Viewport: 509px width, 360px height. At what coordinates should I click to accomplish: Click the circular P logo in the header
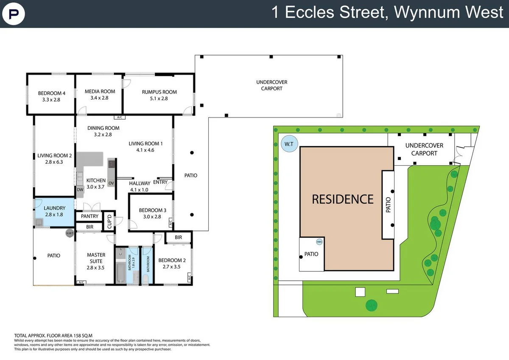click(x=14, y=14)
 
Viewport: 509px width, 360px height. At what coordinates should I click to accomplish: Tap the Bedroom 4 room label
click(x=52, y=96)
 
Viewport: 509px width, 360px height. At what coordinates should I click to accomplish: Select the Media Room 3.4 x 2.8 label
click(x=100, y=95)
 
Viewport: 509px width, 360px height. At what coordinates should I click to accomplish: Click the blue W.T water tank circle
click(x=289, y=144)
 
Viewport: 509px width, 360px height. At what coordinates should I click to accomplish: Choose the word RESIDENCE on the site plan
click(x=342, y=199)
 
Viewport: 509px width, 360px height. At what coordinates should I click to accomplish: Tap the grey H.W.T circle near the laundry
click(x=70, y=233)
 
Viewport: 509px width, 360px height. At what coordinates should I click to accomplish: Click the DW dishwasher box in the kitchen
click(x=80, y=190)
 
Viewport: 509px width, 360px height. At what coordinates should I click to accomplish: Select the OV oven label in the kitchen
click(x=111, y=183)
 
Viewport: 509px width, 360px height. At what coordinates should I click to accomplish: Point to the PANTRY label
click(x=89, y=216)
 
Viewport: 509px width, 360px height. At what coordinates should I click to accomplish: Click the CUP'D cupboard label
click(x=109, y=221)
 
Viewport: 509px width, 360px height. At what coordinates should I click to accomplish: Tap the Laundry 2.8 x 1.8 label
click(x=54, y=211)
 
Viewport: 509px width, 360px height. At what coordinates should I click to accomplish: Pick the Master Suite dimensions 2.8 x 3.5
click(x=95, y=268)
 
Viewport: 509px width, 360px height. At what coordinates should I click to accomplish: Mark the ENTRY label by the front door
click(x=160, y=182)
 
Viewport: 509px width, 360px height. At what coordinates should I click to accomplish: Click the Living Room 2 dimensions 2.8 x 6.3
click(x=54, y=162)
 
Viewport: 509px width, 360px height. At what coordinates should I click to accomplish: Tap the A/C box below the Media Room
click(x=120, y=117)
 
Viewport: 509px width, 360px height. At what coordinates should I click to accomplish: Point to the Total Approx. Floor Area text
click(x=53, y=335)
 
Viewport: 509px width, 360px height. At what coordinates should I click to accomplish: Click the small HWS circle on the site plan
click(x=319, y=242)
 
